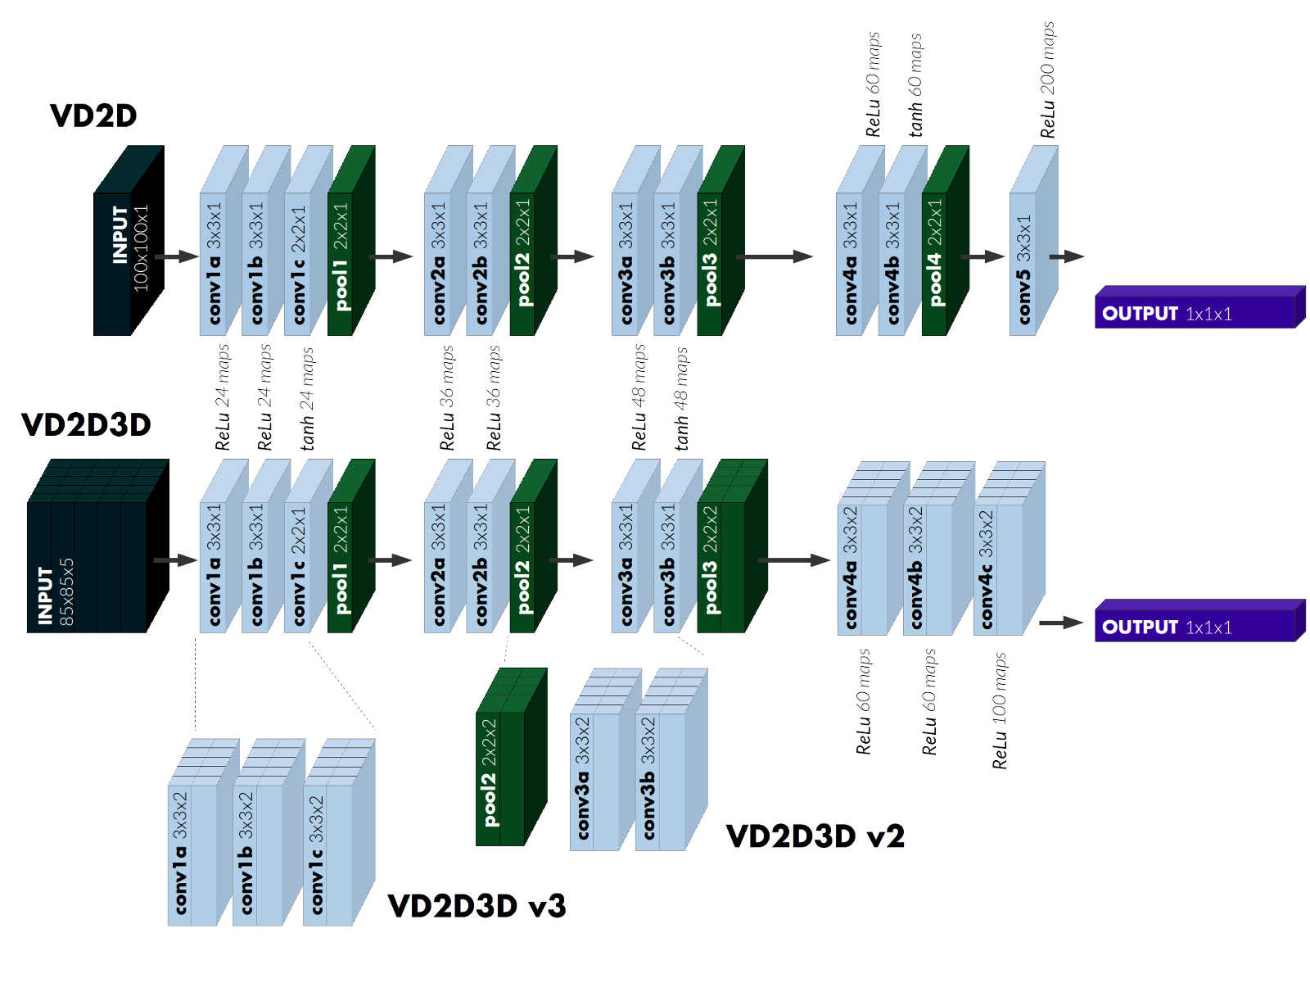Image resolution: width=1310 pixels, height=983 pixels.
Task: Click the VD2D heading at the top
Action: [93, 116]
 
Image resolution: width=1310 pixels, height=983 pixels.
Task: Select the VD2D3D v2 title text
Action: [815, 836]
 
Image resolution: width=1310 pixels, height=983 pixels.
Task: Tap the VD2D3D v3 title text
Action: [477, 906]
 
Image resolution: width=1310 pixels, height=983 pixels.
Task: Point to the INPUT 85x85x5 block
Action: [86, 565]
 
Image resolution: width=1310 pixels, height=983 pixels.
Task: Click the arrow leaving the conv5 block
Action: [1068, 256]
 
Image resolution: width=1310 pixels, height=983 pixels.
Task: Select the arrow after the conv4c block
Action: [1061, 623]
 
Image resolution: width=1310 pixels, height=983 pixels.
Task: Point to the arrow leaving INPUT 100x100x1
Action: [175, 257]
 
